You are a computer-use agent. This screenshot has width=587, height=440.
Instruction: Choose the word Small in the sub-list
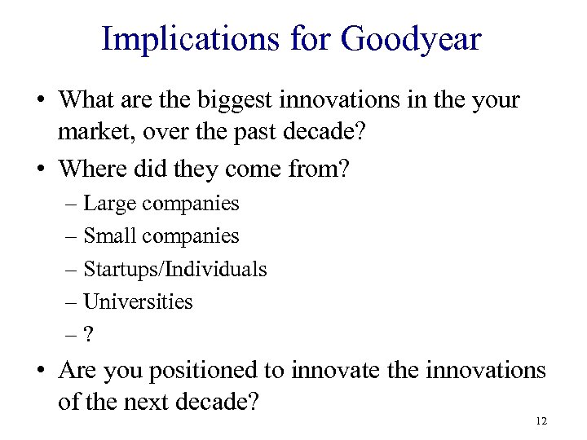(x=112, y=235)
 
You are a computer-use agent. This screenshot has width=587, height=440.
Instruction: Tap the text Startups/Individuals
(x=174, y=268)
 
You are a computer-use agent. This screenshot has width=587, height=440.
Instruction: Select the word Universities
(x=138, y=301)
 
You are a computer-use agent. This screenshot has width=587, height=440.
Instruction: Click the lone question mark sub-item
(x=89, y=334)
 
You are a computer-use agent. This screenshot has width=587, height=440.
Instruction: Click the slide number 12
(x=541, y=421)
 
